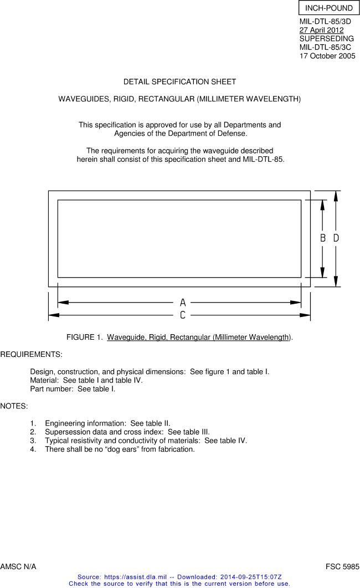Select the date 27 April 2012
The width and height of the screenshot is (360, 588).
coord(321,30)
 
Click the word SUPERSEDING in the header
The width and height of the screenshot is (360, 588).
coord(326,39)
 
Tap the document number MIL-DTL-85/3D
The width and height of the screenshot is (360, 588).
coord(325,22)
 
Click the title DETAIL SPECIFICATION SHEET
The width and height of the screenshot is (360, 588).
coord(179,81)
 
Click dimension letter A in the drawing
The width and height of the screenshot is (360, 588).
coord(183,303)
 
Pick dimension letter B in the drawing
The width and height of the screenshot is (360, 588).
coord(323,238)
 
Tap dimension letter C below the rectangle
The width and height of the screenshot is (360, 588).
coord(183,315)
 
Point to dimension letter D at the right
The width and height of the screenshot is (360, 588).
coord(336,238)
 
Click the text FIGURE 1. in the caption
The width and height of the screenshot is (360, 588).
coord(85,337)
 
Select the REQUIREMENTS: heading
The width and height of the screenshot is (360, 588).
coord(31,354)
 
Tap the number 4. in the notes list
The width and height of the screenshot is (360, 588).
coord(33,449)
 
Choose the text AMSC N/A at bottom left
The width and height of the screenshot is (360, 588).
coord(18,566)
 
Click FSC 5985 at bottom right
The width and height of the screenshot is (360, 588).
coord(342,566)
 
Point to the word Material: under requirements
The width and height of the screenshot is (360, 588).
coord(45,380)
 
